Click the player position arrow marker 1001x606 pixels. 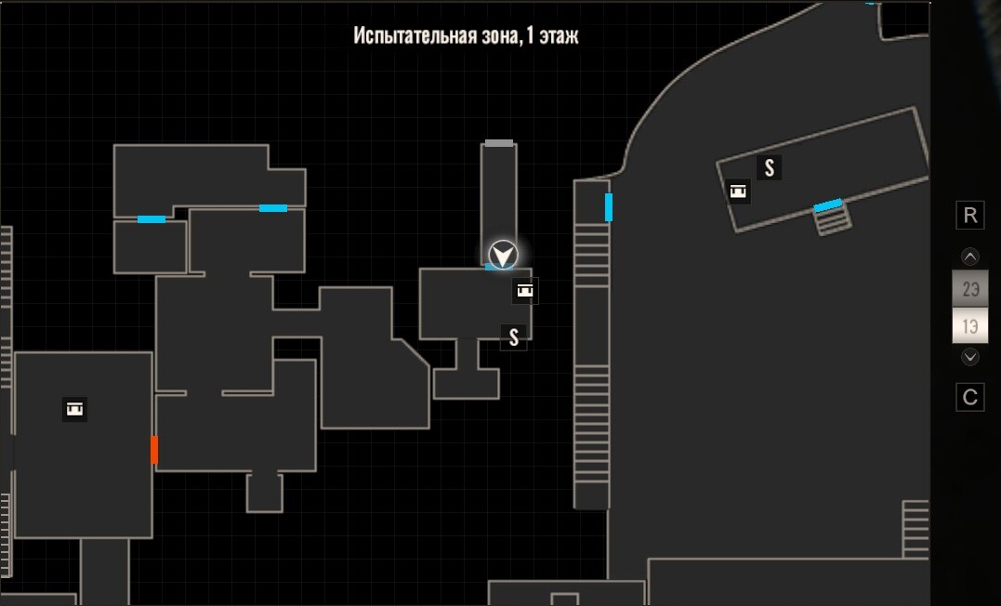tap(503, 256)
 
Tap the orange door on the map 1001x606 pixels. tap(154, 450)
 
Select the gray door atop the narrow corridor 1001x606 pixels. tap(498, 143)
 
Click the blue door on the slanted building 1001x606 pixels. tap(828, 205)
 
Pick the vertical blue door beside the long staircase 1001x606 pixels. tap(609, 207)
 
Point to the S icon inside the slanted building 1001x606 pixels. tap(770, 168)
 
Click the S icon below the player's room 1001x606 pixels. tap(514, 337)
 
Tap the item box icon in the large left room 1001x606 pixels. tap(75, 409)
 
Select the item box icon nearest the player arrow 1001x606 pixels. tap(525, 291)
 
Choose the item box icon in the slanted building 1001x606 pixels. tap(738, 191)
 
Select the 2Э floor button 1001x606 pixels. tap(969, 289)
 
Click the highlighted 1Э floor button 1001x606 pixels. tap(969, 325)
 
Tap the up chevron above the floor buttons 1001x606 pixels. tap(969, 257)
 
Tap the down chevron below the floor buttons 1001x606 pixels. tap(969, 356)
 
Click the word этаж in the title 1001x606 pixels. tap(559, 35)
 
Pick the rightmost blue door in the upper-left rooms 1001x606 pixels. tap(273, 208)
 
